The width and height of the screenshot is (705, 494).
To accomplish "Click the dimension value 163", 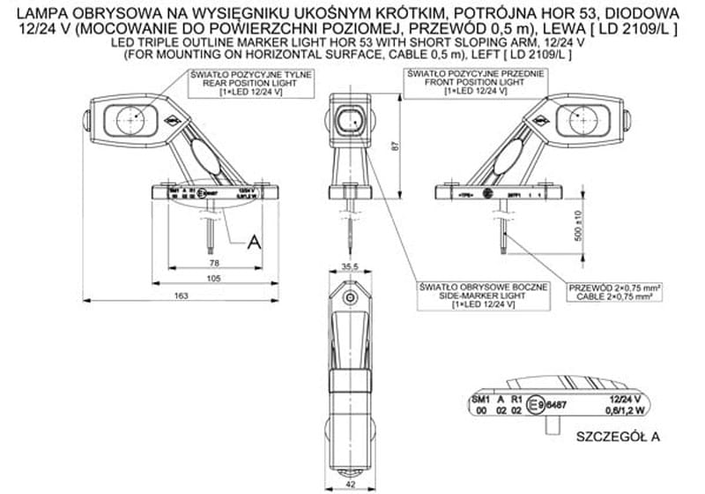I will click(x=182, y=296).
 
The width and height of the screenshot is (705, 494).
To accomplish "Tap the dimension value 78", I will click(x=213, y=263).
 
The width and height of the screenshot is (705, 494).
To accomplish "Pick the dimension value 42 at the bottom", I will click(x=351, y=484).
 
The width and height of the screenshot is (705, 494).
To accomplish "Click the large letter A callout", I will click(x=255, y=242).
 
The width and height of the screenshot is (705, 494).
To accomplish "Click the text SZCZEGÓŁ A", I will click(x=618, y=436).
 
